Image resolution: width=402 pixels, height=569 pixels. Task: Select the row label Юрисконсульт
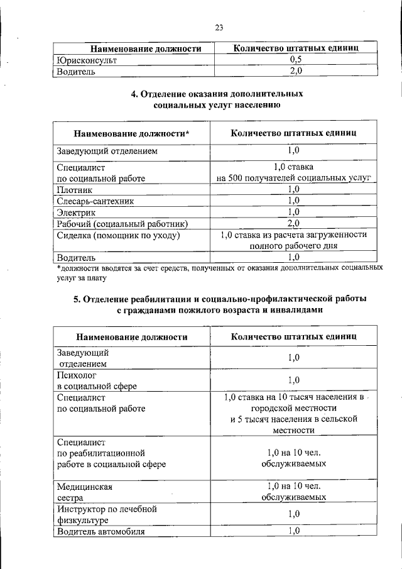(86, 60)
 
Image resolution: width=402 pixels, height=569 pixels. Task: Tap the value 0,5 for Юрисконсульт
(295, 60)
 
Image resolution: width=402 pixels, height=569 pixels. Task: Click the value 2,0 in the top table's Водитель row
(295, 71)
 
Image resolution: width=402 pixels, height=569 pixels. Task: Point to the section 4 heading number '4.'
(134, 94)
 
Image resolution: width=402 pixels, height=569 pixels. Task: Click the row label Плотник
(75, 189)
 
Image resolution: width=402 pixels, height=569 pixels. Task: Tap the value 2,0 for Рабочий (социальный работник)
(293, 223)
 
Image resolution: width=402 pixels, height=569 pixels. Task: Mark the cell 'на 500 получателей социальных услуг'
(294, 178)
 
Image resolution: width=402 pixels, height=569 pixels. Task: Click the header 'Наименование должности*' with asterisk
(131, 133)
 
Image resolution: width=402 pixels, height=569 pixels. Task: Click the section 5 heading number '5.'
(79, 298)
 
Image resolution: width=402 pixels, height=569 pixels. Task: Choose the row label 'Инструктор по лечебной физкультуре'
(106, 514)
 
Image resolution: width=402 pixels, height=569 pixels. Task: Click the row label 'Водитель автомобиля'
(100, 531)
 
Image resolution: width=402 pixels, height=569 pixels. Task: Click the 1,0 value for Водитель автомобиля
(293, 531)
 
